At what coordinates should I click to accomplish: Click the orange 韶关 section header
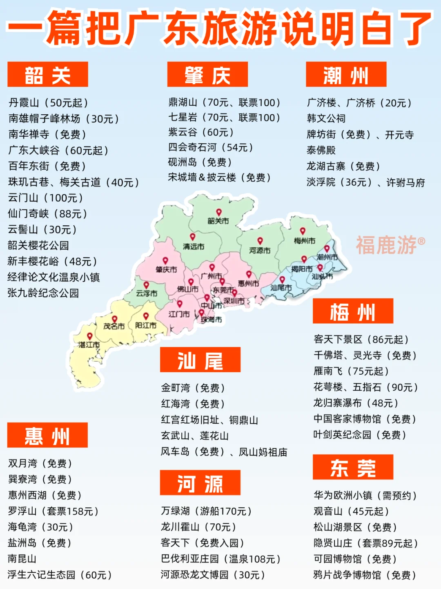[x=48, y=74]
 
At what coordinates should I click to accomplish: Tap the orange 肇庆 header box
[x=207, y=74]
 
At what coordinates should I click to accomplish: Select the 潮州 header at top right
[x=346, y=74]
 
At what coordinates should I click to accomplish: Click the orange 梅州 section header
[x=353, y=311]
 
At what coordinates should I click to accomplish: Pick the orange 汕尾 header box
[x=200, y=360]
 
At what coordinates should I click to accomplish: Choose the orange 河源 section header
[x=200, y=482]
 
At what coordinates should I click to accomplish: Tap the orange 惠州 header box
[x=47, y=435]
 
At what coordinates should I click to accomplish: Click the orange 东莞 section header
[x=353, y=467]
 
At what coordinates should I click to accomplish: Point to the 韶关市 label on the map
[x=218, y=221]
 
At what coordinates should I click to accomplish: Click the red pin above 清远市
[x=192, y=237]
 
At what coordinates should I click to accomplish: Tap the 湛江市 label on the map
[x=89, y=345]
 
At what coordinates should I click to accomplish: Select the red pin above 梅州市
[x=303, y=231]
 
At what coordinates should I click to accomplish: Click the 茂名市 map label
[x=114, y=326]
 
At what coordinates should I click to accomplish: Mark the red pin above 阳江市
[x=146, y=316]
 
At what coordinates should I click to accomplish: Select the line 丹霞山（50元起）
[x=49, y=102]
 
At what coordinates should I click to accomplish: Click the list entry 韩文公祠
[x=326, y=118]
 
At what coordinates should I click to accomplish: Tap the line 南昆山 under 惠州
[x=22, y=558]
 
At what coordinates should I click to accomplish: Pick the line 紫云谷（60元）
[x=201, y=132]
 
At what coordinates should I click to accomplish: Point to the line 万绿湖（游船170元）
[x=206, y=511]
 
